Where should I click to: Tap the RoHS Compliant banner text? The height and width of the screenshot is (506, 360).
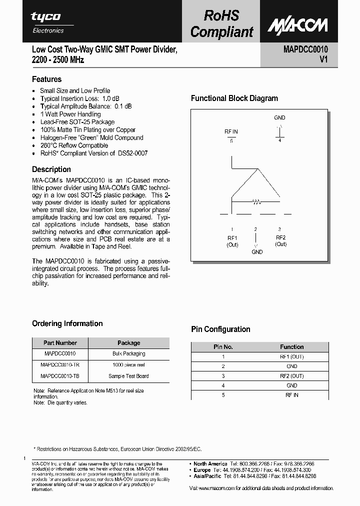tap(222, 24)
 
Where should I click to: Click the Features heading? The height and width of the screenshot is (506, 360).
tap(46, 79)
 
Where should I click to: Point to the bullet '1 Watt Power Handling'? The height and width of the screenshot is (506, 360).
tap(70, 114)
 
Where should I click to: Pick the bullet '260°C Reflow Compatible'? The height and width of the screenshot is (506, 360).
tap(74, 145)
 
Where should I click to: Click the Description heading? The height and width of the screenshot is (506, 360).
tap(51, 169)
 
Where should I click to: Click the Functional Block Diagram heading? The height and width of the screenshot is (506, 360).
tap(234, 98)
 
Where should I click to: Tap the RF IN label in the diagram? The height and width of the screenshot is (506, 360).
tap(231, 131)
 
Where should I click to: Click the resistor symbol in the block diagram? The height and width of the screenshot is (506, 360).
tap(256, 202)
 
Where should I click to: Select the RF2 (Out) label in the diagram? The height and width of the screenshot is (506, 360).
tap(280, 241)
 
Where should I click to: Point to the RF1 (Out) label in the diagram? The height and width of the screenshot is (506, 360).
tap(232, 241)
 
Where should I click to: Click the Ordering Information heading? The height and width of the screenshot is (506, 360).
tap(67, 323)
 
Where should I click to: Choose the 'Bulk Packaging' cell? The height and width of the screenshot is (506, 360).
tap(128, 353)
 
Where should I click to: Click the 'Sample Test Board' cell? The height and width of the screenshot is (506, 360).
tap(128, 376)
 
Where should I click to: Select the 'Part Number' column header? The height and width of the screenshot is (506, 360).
tap(60, 343)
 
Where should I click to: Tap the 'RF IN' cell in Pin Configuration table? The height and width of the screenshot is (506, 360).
tap(292, 395)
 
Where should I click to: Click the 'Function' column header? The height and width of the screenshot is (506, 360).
tap(292, 346)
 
